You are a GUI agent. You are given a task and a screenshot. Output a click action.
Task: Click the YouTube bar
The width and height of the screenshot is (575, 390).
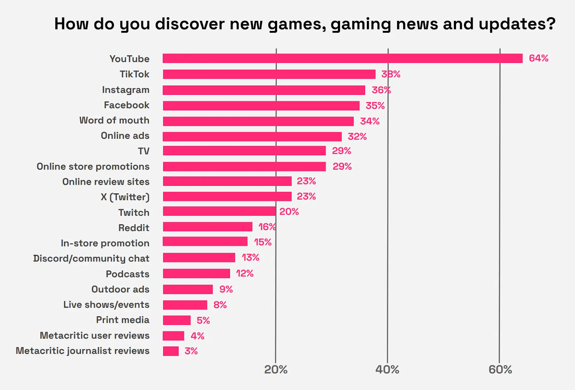click(x=342, y=58)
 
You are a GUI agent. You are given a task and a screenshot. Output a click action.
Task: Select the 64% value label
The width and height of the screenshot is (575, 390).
click(x=538, y=58)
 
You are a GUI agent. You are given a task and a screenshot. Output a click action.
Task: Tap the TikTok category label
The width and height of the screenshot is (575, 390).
click(x=134, y=74)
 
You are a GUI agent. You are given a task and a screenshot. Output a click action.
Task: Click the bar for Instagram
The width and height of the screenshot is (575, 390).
click(x=264, y=90)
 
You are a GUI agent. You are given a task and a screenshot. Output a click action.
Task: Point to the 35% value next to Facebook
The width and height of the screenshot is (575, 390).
click(x=375, y=106)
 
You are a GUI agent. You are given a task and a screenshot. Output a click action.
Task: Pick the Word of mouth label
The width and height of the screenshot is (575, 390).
click(x=114, y=120)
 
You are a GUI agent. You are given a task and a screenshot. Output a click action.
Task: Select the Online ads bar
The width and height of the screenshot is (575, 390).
click(x=252, y=137)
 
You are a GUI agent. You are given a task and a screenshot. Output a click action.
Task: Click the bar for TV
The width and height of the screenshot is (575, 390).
click(x=244, y=151)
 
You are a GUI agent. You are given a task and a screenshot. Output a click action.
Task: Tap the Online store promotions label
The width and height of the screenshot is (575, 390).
click(x=93, y=166)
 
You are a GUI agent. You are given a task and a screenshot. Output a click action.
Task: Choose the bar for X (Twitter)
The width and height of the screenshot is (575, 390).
click(x=227, y=197)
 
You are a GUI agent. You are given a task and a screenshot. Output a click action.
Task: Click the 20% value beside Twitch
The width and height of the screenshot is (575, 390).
click(x=289, y=212)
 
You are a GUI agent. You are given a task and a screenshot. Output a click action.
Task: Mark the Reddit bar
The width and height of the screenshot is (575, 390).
click(x=207, y=227)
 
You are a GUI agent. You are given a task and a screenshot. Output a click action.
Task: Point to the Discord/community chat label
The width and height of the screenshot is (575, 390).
click(x=91, y=258)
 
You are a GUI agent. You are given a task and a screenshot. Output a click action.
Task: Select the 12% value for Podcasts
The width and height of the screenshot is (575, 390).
click(x=245, y=274)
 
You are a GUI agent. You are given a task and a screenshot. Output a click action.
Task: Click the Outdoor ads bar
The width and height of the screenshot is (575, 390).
click(x=188, y=289)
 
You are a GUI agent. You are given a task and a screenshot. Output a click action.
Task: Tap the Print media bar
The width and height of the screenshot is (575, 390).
click(x=176, y=320)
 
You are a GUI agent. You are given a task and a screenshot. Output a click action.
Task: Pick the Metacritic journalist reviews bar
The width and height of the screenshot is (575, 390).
click(x=171, y=351)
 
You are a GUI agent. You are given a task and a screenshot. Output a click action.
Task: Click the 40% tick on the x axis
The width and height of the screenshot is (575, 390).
click(x=387, y=370)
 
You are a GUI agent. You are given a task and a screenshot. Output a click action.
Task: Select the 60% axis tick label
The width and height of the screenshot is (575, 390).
click(x=500, y=370)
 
